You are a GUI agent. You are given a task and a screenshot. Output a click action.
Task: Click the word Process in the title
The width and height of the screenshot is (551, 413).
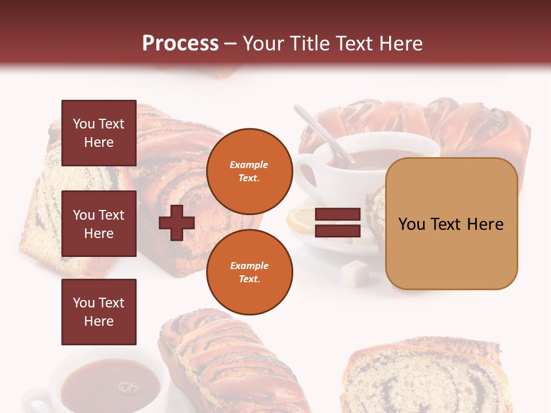(x=180, y=44)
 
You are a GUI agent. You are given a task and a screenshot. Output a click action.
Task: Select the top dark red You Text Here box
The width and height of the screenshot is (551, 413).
(x=99, y=133)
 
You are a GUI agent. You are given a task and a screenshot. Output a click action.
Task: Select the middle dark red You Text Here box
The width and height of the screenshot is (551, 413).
(x=99, y=224)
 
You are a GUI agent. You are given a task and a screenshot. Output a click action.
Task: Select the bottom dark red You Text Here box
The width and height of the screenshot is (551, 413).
(x=99, y=312)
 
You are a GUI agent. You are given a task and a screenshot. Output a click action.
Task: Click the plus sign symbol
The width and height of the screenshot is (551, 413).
(x=177, y=223)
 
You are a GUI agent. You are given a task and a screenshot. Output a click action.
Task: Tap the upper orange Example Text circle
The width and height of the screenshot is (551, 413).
(x=249, y=171)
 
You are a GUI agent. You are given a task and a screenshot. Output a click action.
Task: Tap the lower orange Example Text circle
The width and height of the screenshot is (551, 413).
(x=249, y=272)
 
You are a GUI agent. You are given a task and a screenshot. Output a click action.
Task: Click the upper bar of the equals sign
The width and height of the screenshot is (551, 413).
(x=337, y=215)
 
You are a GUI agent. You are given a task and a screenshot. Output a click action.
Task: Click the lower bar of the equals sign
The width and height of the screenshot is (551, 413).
(x=337, y=231)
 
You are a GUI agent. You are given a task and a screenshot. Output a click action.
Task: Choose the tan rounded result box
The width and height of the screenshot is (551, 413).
(x=451, y=224)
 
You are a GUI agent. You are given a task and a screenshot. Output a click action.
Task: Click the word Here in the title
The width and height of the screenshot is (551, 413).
(x=401, y=44)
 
